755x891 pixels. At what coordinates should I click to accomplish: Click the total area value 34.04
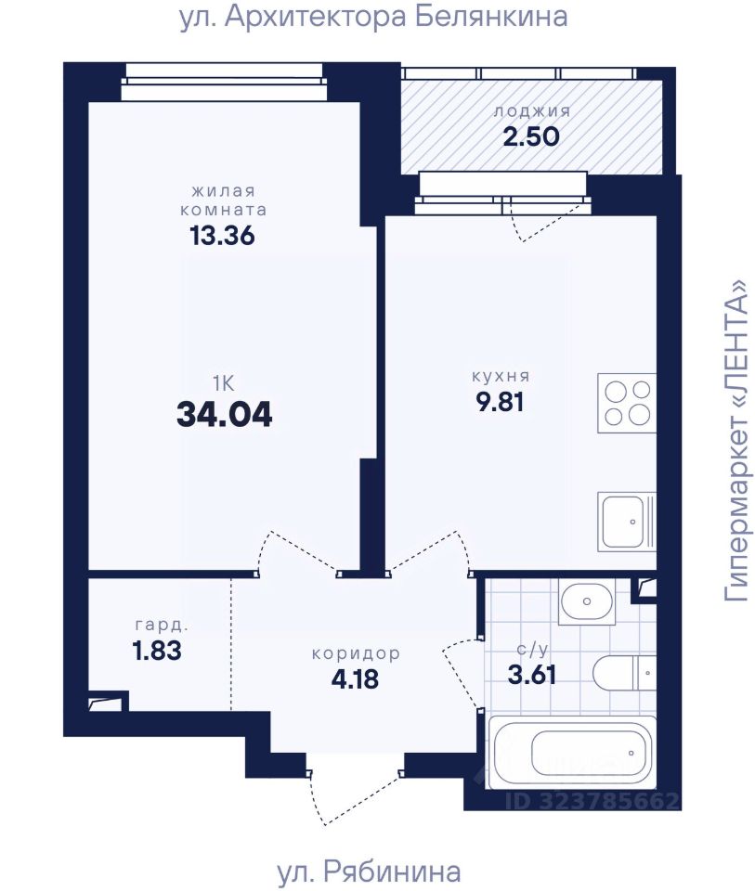225,414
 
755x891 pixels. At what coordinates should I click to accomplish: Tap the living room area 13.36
222,236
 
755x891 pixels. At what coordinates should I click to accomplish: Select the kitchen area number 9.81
500,402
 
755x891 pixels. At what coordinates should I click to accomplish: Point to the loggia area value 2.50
531,136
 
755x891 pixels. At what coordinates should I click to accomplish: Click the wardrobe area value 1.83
157,651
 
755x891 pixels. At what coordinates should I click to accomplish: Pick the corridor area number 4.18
356,679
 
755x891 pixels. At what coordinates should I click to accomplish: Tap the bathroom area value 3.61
531,675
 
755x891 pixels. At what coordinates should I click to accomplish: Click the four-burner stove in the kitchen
627,403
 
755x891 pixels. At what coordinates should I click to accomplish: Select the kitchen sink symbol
627,522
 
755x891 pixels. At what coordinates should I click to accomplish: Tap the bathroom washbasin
587,600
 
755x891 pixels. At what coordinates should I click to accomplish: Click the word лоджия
531,111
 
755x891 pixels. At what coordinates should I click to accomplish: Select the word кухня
501,376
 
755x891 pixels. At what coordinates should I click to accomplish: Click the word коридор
356,654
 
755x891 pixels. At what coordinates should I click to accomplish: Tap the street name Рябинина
392,870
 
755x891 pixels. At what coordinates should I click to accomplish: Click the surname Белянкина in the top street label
490,17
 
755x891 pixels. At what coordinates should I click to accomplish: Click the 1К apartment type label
224,384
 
